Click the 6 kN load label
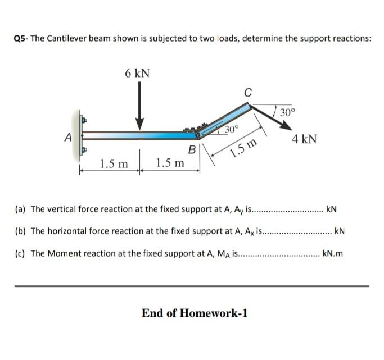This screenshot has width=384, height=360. tap(137, 73)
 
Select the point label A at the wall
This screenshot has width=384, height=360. tap(69, 136)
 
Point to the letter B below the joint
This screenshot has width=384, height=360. tap(192, 150)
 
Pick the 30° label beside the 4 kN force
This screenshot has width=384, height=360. tap(286, 111)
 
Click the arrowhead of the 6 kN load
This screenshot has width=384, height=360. tap(140, 125)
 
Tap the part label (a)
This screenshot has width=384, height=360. tap(20, 209)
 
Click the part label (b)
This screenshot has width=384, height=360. tap(20, 231)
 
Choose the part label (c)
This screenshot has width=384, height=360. tap(20, 253)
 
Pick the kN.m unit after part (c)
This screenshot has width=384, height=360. tap(332, 253)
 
